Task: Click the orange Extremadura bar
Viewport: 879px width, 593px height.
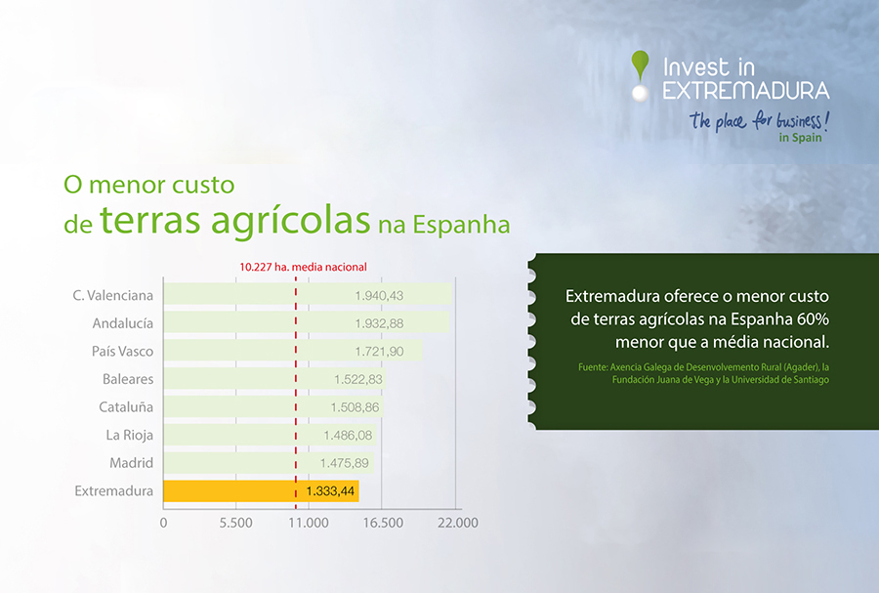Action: tap(261, 491)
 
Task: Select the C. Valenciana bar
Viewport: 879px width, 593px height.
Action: tap(308, 294)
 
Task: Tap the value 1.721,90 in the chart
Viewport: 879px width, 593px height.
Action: tap(379, 352)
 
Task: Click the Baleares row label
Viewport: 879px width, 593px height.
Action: tap(128, 379)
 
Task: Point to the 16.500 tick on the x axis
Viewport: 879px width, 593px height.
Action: tap(383, 523)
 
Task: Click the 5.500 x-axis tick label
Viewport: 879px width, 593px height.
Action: tap(236, 523)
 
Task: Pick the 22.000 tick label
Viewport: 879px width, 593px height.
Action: tap(458, 523)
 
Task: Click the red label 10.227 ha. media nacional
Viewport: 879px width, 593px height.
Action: tap(304, 267)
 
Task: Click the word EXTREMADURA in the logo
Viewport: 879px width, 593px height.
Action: tap(746, 90)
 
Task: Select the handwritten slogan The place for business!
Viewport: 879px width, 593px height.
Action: tap(759, 120)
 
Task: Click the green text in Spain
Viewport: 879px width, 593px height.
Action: tap(800, 138)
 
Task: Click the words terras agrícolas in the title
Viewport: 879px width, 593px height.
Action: tap(234, 220)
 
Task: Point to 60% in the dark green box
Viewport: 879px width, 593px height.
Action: tap(813, 318)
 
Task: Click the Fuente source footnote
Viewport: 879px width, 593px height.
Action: tap(703, 373)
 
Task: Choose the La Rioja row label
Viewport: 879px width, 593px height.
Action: tap(130, 435)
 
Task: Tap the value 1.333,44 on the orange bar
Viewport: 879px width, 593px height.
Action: tap(330, 491)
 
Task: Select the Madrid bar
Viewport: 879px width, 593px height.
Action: tap(269, 463)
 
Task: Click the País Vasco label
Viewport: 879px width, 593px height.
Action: tap(122, 352)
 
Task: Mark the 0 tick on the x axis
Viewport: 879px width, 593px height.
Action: tap(163, 523)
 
